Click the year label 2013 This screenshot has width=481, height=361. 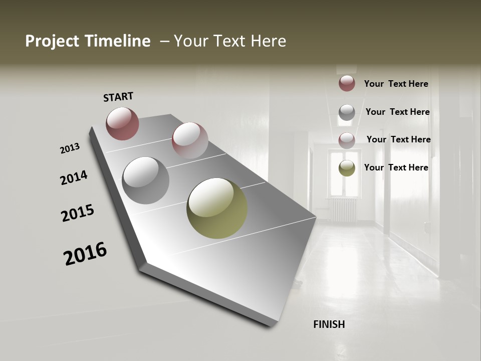click(x=70, y=148)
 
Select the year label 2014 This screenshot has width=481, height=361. click(x=74, y=177)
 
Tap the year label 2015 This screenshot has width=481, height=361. click(x=78, y=213)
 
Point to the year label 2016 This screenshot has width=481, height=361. click(x=85, y=253)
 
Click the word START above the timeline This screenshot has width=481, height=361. click(x=118, y=97)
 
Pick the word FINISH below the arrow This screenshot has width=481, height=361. click(x=329, y=324)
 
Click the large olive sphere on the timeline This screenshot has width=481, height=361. click(x=217, y=208)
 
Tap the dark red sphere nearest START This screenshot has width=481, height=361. click(x=122, y=123)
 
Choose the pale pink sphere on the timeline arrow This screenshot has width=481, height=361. click(x=190, y=140)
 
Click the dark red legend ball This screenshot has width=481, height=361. click(x=347, y=83)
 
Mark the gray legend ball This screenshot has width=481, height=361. click(x=347, y=112)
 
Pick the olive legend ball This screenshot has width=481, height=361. click(x=347, y=168)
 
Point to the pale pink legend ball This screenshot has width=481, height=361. click(x=347, y=140)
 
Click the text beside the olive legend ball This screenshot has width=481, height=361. click(x=396, y=167)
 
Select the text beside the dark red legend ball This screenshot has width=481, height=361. click(x=396, y=84)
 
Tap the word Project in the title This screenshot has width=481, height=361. click(x=52, y=41)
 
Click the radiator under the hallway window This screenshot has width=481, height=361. click(x=344, y=210)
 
